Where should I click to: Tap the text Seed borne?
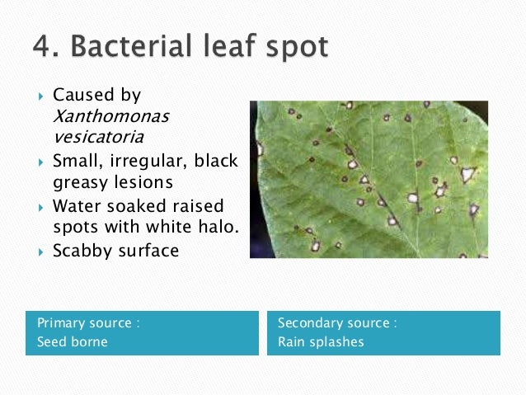[73, 341]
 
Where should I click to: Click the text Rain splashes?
[321, 341]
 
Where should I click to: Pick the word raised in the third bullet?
[195, 205]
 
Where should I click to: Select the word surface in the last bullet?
[148, 252]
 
